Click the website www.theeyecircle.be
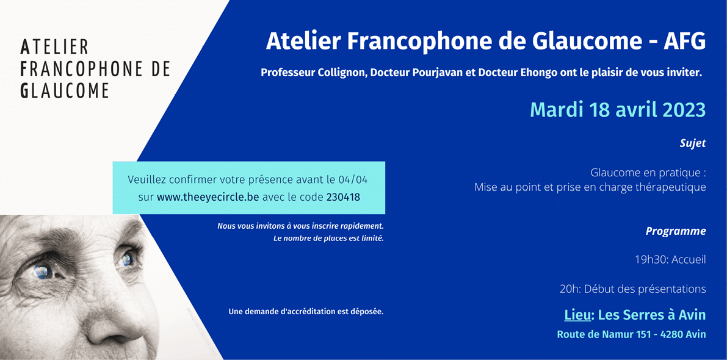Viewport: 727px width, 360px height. click(208, 197)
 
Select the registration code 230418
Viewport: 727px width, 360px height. click(343, 197)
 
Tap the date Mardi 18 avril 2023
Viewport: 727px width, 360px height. click(618, 110)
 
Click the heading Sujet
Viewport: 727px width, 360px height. click(693, 143)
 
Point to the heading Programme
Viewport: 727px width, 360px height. click(676, 231)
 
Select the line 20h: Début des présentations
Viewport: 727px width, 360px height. click(633, 289)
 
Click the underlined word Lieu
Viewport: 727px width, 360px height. click(577, 315)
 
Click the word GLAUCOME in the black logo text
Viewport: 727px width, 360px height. click(65, 90)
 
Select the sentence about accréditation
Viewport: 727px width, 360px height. click(306, 311)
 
